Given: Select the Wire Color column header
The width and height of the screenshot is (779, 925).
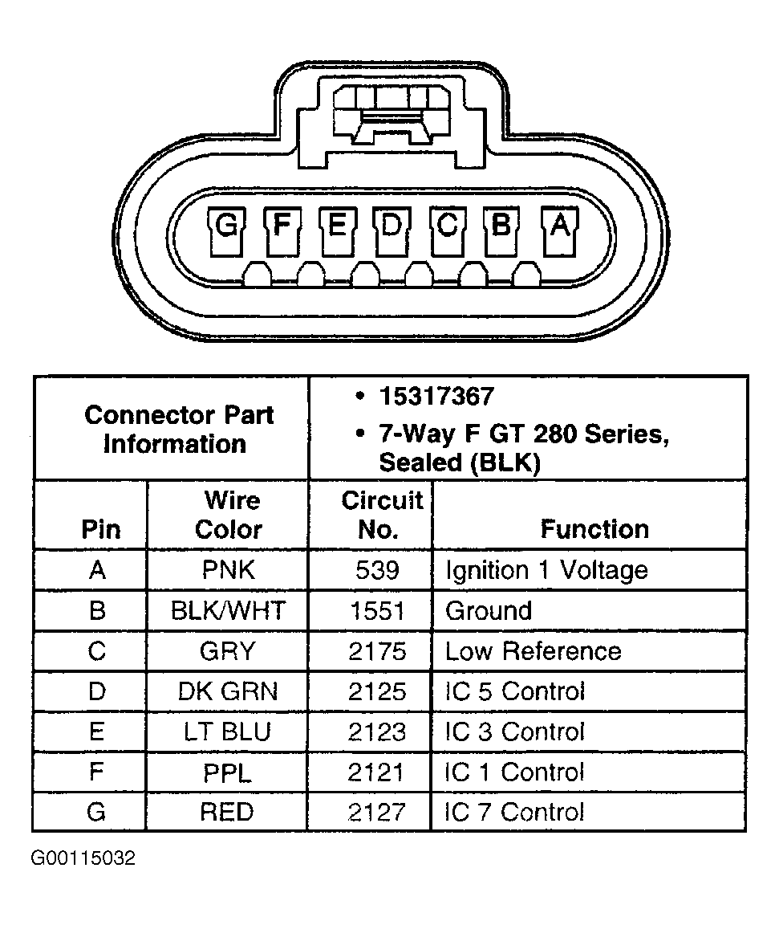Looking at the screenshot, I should click(x=229, y=515).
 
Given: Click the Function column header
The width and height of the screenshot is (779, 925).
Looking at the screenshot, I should click(x=594, y=529).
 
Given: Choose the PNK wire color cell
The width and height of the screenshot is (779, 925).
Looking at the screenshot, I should click(x=229, y=570).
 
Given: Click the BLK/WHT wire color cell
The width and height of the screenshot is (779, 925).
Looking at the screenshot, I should click(x=228, y=611).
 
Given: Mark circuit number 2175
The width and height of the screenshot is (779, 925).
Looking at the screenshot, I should click(x=377, y=651).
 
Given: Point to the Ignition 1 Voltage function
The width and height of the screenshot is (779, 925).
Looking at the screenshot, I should click(x=546, y=570).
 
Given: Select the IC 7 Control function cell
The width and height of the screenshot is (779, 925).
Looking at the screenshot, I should click(x=514, y=812).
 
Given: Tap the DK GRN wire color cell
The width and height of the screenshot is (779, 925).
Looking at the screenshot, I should click(x=228, y=691).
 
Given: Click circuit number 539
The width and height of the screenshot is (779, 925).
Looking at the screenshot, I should click(x=377, y=570).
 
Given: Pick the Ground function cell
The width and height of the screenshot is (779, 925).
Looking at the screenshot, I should click(x=488, y=611).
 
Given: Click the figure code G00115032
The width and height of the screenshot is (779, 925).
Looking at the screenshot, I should click(x=83, y=858).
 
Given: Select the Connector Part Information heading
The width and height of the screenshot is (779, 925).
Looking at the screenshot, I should click(x=178, y=430).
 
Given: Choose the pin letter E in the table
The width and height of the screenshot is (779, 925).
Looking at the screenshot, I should click(x=96, y=731).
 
